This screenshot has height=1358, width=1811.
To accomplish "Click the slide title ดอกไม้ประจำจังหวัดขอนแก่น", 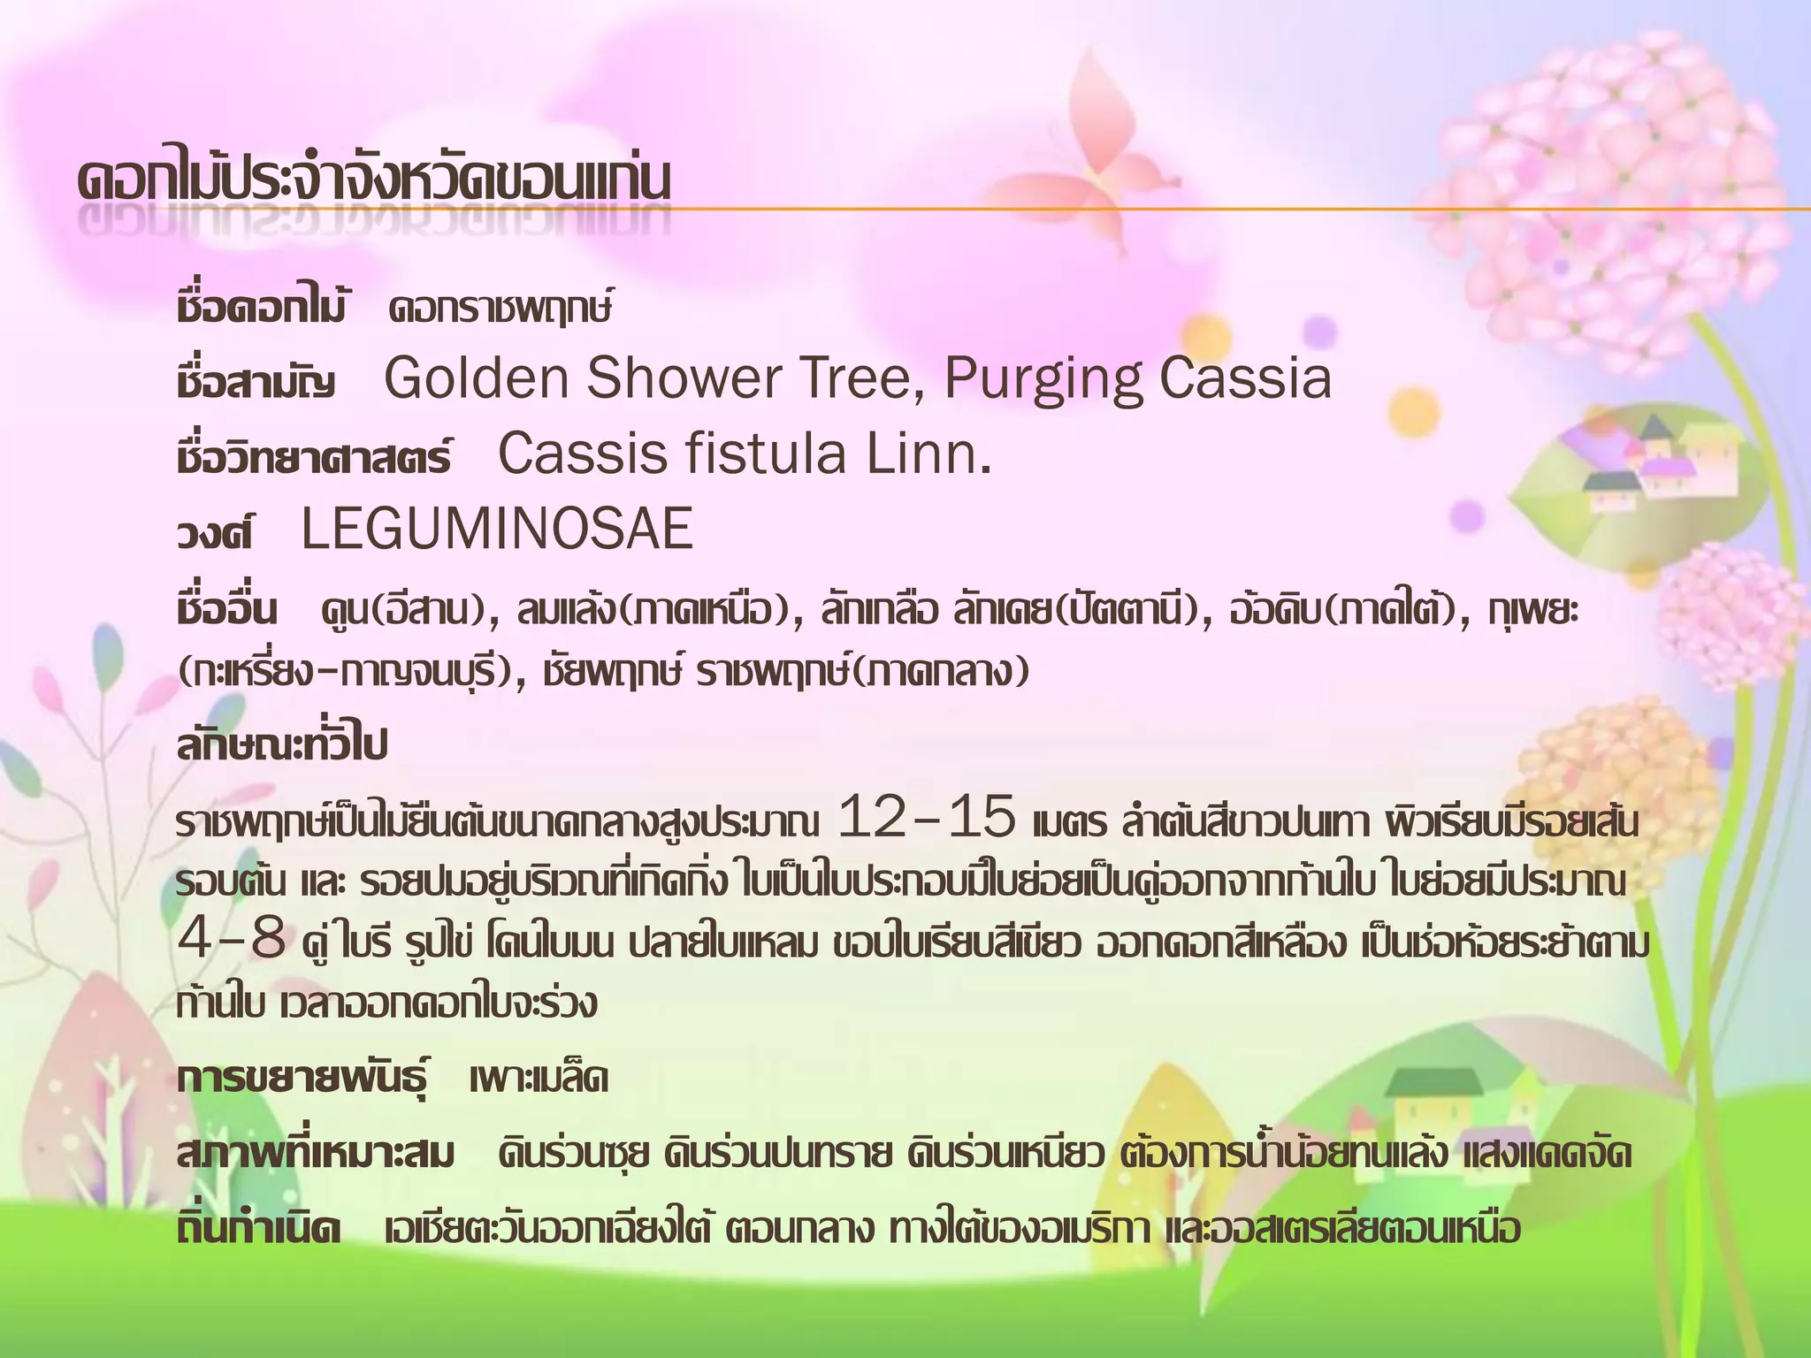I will (x=373, y=180).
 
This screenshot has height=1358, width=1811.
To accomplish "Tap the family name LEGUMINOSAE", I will (x=497, y=530).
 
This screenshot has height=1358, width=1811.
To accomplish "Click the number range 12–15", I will (x=926, y=817).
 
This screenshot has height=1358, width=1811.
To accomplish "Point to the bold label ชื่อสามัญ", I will (x=256, y=382).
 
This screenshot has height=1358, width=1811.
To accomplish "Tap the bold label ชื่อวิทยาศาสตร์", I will (x=314, y=457).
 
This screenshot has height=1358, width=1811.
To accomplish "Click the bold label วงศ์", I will (x=215, y=533).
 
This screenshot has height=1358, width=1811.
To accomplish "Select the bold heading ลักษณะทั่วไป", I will (x=282, y=745).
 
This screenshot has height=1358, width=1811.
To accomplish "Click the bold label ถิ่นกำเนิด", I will (x=259, y=1229).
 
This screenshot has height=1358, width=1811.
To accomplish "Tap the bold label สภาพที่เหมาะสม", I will (x=316, y=1154).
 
